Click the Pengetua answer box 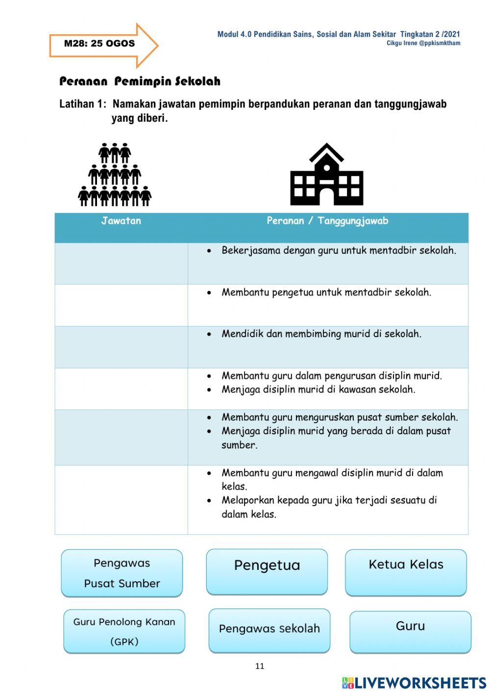267,571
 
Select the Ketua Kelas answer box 406,572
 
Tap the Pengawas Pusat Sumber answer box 122,573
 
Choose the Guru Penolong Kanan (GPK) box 124,631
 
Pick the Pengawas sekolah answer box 269,630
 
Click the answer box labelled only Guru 410,632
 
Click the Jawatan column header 121,221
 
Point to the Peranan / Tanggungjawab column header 327,221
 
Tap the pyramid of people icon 115,175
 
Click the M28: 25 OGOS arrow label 99,44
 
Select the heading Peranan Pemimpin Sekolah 140,81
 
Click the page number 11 260,666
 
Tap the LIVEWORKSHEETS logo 414,683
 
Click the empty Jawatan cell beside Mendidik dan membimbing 121,347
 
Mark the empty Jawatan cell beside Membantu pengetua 121,305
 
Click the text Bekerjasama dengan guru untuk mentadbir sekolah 339,251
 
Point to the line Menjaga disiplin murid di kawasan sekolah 318,389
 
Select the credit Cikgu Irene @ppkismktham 423,43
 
